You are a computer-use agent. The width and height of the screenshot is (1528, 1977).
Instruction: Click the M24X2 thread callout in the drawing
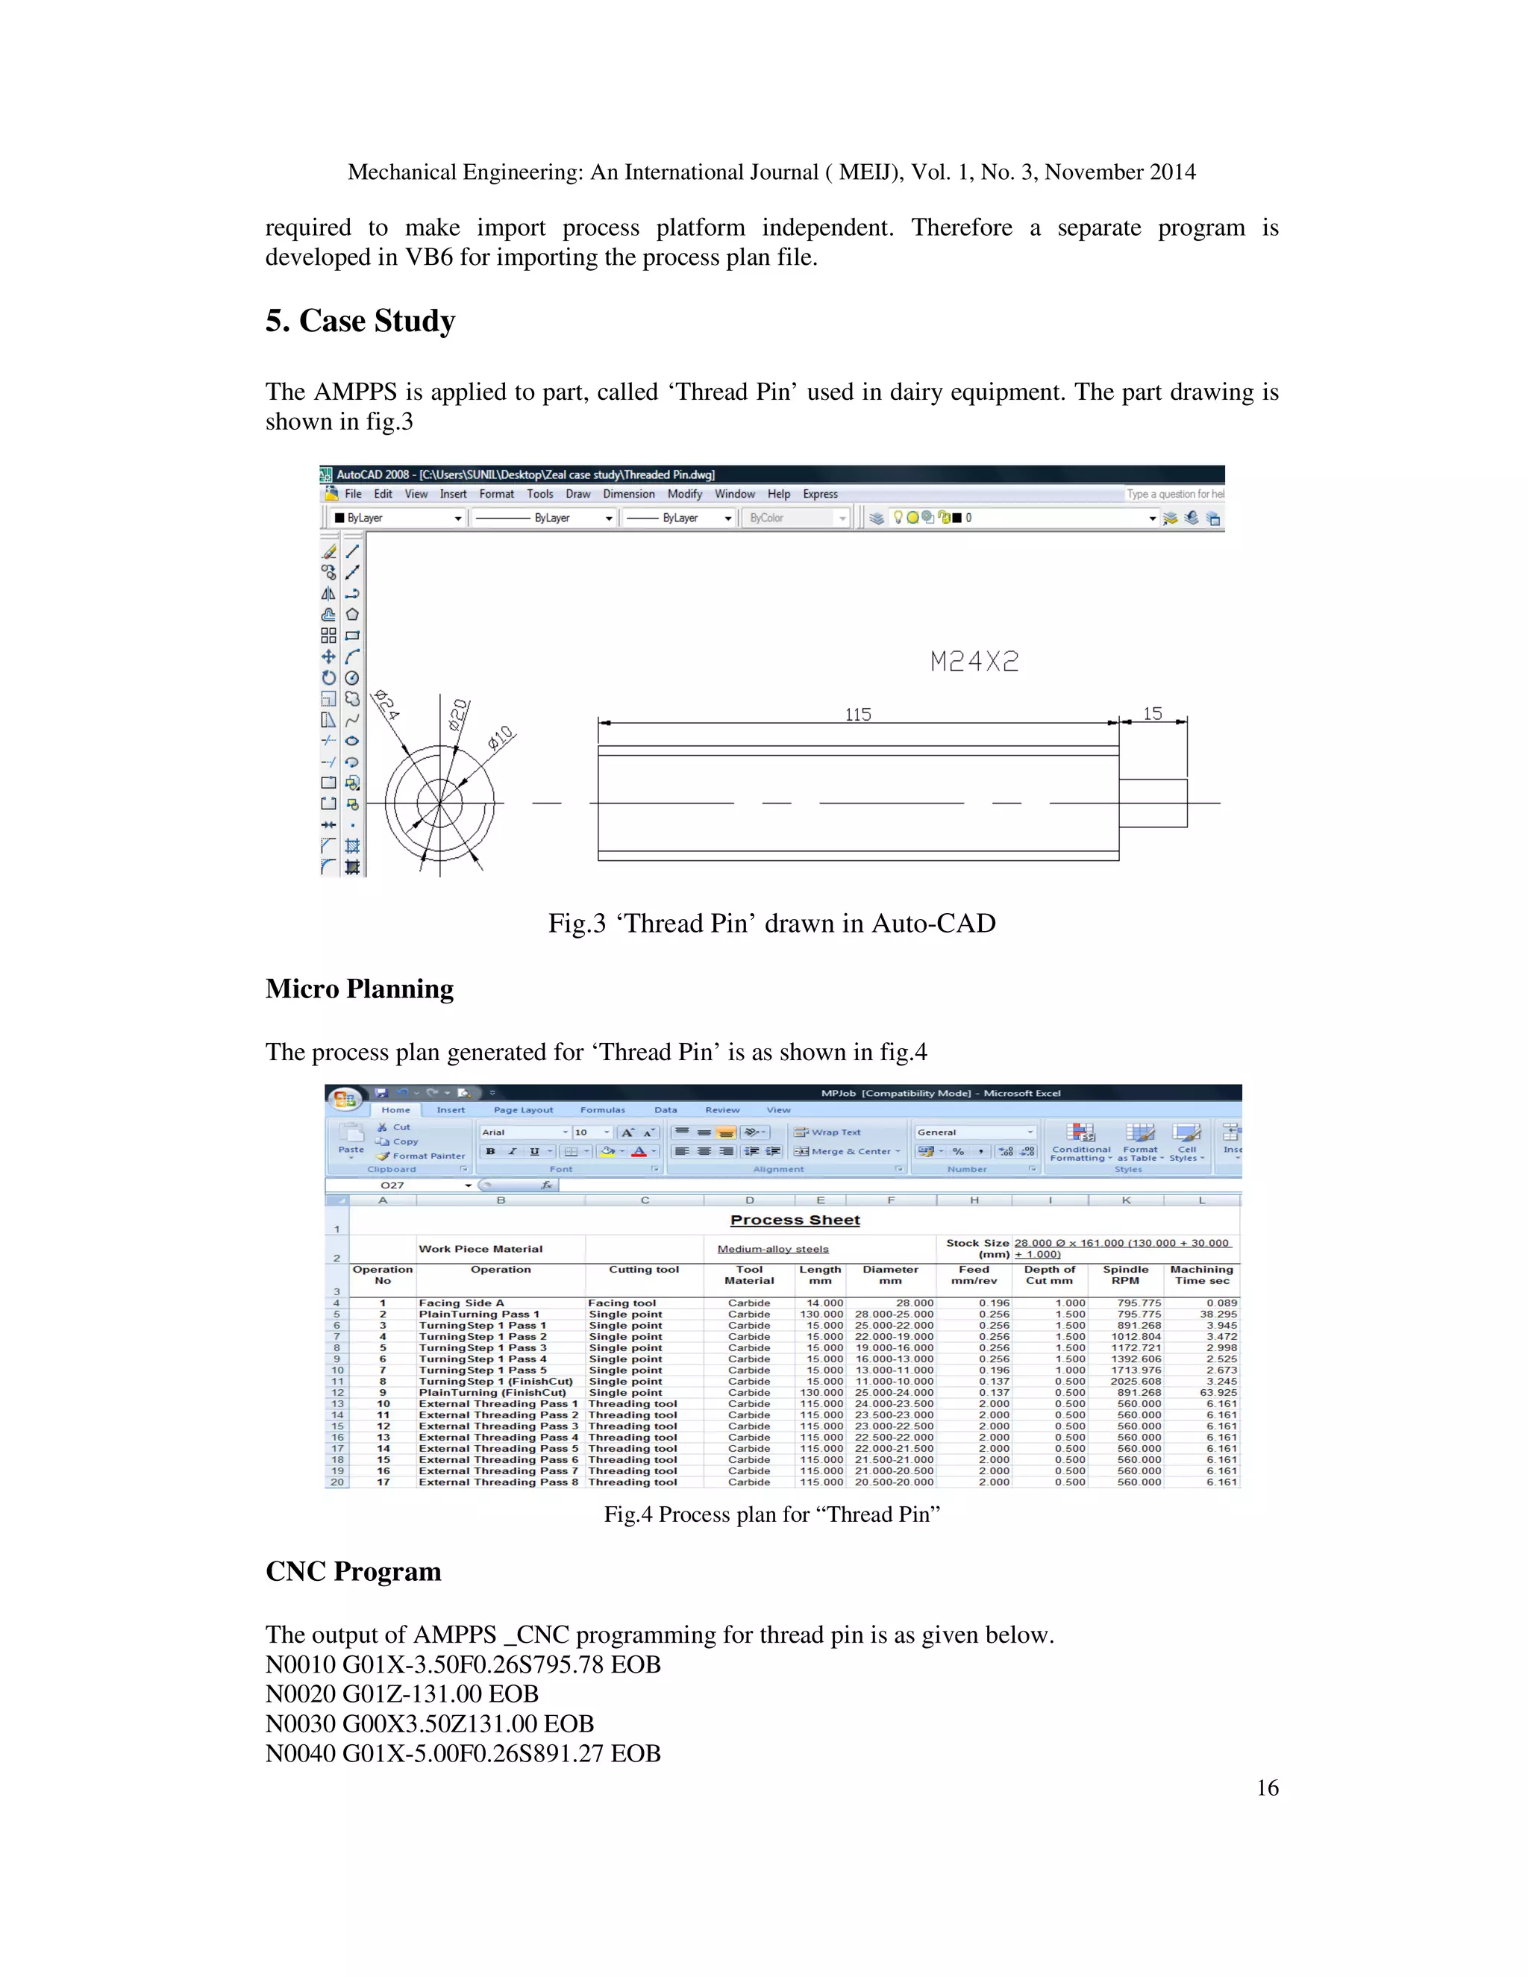[x=974, y=662]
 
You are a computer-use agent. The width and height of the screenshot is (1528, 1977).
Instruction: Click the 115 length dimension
[x=857, y=714]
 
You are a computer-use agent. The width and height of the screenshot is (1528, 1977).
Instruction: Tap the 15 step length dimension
[x=1151, y=713]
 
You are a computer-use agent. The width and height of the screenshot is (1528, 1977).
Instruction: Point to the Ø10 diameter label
[x=500, y=737]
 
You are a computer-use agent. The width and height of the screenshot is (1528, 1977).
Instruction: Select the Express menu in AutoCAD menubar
[x=819, y=494]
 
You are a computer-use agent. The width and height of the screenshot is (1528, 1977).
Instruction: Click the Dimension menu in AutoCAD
[x=628, y=494]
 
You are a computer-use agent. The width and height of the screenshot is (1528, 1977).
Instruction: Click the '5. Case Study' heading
[x=360, y=322]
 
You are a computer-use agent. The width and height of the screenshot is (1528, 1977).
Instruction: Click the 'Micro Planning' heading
[x=360, y=988]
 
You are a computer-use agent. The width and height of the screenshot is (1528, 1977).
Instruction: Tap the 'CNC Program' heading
[x=353, y=1571]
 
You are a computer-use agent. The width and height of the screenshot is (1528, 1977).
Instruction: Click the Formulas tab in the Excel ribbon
[x=602, y=1110]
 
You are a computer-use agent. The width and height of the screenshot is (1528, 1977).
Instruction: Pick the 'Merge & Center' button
[x=846, y=1151]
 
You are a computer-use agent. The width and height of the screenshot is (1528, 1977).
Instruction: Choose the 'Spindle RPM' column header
[x=1125, y=1274]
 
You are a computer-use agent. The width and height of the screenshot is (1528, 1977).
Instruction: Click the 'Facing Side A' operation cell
[x=461, y=1303]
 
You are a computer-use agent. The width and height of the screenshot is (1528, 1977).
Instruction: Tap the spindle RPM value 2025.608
[x=1138, y=1382]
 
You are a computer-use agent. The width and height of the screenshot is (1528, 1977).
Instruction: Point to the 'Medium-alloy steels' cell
[x=772, y=1249]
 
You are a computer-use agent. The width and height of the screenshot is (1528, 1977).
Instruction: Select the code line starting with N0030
[x=429, y=1723]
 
